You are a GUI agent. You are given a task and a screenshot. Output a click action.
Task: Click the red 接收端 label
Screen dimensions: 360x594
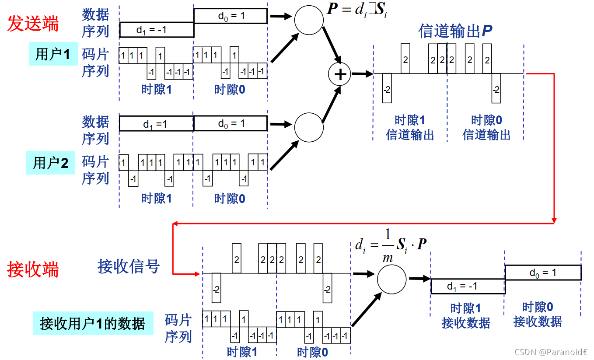(x=33, y=270)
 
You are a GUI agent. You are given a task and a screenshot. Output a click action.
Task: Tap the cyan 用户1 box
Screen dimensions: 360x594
(x=52, y=54)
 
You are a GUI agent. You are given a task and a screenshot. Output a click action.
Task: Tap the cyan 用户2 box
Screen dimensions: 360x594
(x=51, y=163)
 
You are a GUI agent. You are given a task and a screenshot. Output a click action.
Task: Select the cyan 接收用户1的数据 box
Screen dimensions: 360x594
(x=93, y=324)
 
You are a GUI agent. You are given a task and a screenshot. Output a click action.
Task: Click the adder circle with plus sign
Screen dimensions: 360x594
(x=340, y=74)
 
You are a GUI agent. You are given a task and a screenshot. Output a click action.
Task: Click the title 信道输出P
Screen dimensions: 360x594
(x=455, y=31)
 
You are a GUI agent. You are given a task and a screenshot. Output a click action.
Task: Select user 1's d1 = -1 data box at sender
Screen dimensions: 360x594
(x=156, y=30)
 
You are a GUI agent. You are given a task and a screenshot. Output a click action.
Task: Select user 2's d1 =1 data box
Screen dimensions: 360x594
(x=156, y=124)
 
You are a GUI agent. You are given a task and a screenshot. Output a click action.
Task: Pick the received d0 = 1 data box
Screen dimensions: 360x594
(x=543, y=273)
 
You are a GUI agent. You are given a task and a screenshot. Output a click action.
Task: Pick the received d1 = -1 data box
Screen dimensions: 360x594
(x=468, y=287)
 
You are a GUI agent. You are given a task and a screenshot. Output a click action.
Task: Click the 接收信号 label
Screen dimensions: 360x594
(x=129, y=266)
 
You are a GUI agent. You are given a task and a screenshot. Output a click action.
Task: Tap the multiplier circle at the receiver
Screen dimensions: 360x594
(x=391, y=279)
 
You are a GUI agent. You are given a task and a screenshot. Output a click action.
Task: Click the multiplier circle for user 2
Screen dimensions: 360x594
(x=309, y=127)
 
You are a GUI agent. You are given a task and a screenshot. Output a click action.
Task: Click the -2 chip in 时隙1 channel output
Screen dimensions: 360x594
(x=387, y=89)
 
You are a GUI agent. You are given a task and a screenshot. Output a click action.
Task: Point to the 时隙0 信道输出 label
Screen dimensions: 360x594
(x=486, y=127)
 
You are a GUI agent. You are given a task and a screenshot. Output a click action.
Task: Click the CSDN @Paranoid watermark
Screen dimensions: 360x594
(x=550, y=352)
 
